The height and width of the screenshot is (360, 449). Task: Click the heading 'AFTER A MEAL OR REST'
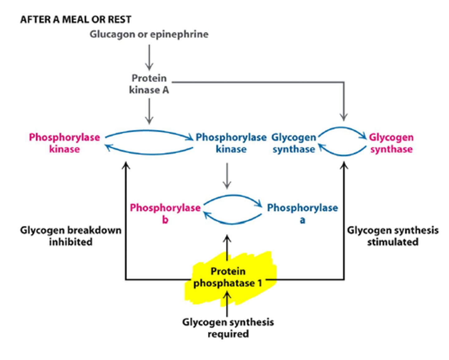click(x=76, y=19)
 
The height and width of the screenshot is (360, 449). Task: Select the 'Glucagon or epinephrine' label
click(x=149, y=34)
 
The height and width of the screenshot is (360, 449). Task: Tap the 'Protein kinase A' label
click(x=149, y=84)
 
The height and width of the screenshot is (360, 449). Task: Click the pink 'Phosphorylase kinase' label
click(x=65, y=143)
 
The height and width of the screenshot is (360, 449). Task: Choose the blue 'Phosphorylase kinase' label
click(x=231, y=143)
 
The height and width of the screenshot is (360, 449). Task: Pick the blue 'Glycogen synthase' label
click(x=294, y=143)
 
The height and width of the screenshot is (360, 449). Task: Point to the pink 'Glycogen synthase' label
click(x=391, y=143)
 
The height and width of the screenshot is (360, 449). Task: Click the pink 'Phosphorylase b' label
click(x=165, y=213)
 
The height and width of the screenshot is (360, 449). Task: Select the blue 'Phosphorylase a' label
click(x=302, y=213)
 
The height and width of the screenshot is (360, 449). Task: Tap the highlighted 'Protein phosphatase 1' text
click(x=228, y=277)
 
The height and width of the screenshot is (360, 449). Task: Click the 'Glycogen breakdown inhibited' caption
click(x=71, y=236)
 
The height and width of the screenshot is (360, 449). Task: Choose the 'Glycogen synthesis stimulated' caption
click(x=393, y=236)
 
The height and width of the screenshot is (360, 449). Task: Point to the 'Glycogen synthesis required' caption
click(x=228, y=328)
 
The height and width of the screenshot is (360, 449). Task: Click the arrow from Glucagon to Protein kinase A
click(x=149, y=57)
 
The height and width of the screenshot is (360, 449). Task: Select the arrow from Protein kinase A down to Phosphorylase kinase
click(x=149, y=112)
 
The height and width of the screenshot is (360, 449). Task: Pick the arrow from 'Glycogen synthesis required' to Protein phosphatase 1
click(x=227, y=304)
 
